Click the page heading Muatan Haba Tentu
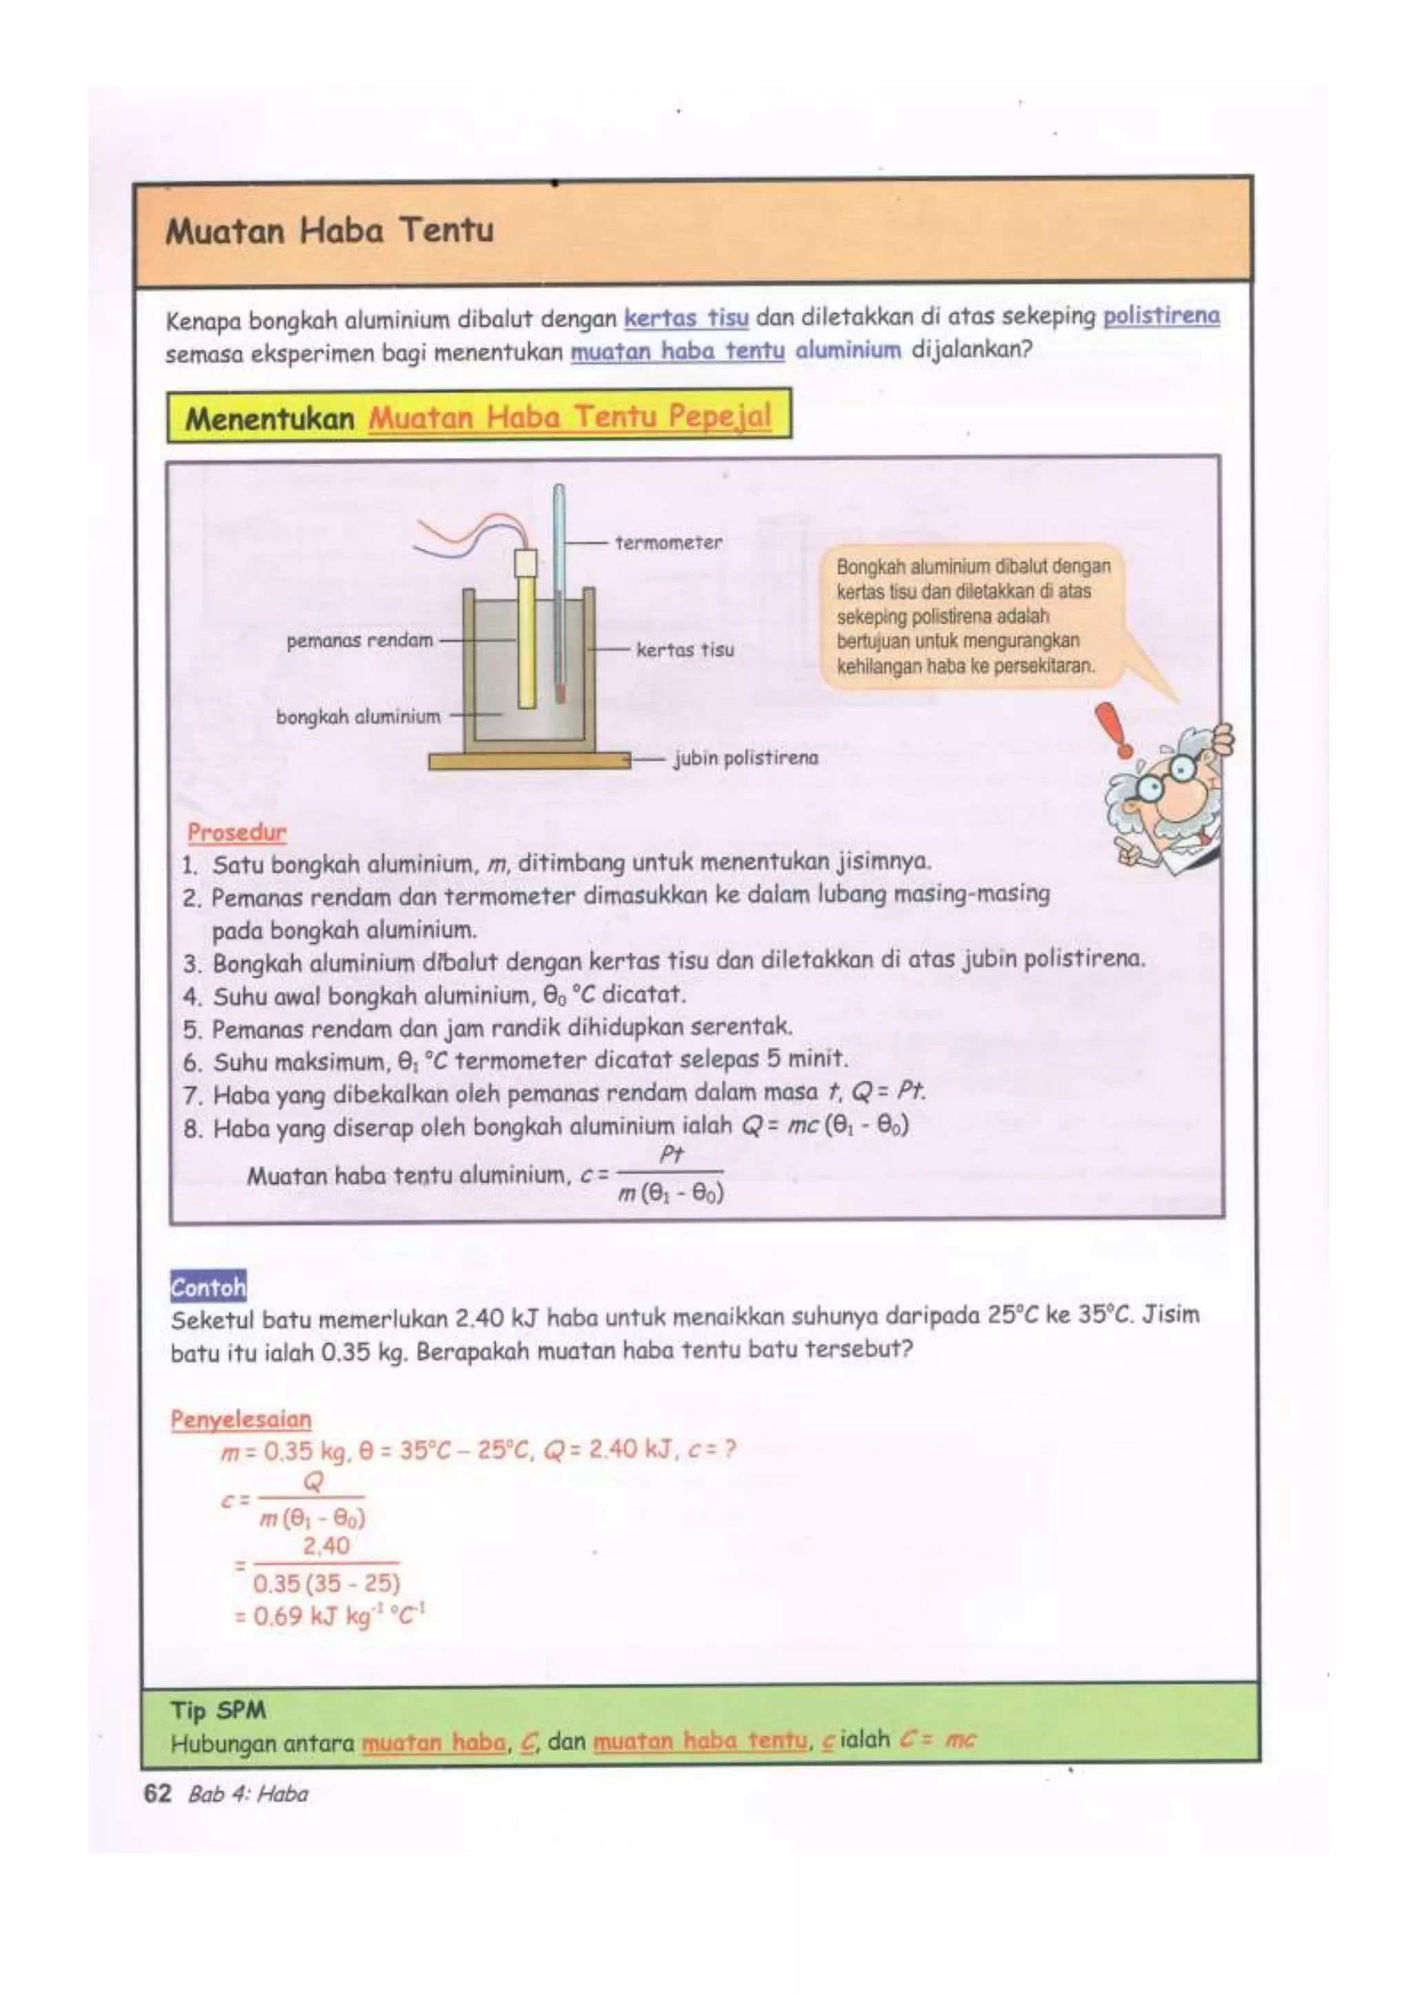click(x=329, y=231)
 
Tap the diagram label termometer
click(x=668, y=543)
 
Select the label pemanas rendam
click(x=360, y=641)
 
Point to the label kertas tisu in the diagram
click(x=685, y=650)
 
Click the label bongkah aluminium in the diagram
click(x=358, y=717)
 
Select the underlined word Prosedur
click(x=236, y=832)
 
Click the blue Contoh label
click(x=207, y=1286)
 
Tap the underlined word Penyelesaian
click(x=240, y=1420)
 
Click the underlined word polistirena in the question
click(x=1161, y=316)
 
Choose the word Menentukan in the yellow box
click(x=269, y=419)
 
